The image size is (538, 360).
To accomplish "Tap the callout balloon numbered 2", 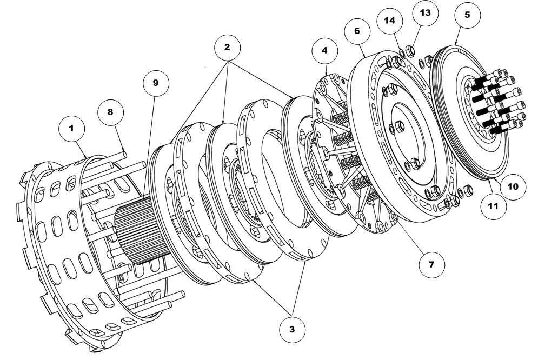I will click(228, 47).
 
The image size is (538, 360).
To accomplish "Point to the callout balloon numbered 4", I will click(324, 50).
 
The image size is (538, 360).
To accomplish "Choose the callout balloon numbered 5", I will click(467, 15).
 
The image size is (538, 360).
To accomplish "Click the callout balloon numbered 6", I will click(357, 31).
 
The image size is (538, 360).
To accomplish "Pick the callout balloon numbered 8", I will click(110, 111).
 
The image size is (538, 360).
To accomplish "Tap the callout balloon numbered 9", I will click(156, 83).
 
